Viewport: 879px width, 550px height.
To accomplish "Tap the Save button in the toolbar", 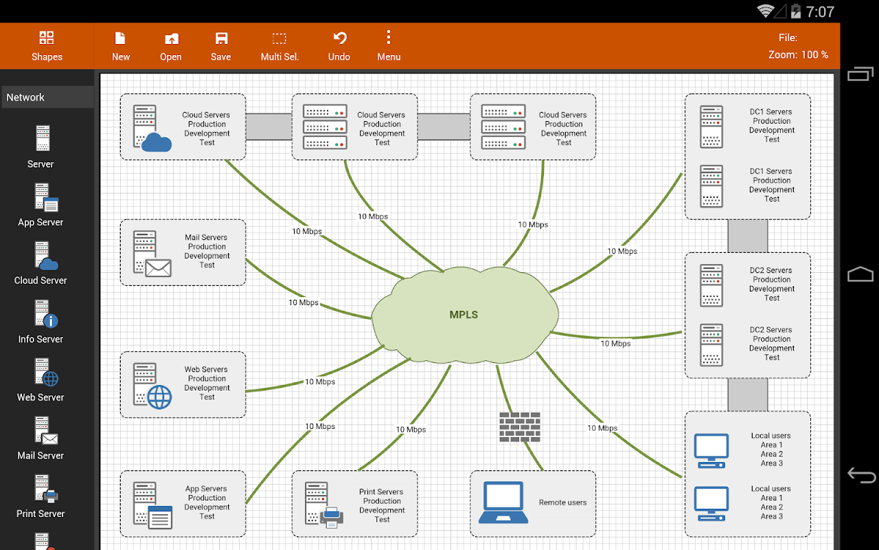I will pos(220,46).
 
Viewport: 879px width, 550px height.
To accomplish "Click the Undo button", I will pos(339,46).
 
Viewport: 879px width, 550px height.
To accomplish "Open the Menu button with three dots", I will pos(389,46).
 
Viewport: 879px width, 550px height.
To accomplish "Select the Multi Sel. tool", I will pos(279,46).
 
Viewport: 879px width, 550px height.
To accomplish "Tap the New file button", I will pos(121,46).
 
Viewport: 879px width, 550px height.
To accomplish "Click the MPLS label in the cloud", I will pos(464,315).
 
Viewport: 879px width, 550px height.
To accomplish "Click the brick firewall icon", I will pos(520,426).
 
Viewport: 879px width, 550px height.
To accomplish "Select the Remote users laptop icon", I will pos(503,503).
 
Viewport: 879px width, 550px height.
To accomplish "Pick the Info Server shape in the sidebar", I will pos(41,322).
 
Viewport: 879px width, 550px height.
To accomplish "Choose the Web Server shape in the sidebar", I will pos(41,380).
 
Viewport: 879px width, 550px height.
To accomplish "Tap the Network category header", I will pos(47,97).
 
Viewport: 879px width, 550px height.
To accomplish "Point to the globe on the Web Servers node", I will pos(159,397).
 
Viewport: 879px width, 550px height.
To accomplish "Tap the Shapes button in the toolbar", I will pos(47,46).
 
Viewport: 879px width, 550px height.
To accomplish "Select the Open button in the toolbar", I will pos(171,46).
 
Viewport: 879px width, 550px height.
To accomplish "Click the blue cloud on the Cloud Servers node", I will pos(157,142).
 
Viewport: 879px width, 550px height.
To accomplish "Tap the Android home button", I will pos(860,275).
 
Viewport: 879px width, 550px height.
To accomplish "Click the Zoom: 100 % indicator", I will pos(798,55).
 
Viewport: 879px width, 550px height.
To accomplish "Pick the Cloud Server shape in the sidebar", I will pos(41,263).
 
